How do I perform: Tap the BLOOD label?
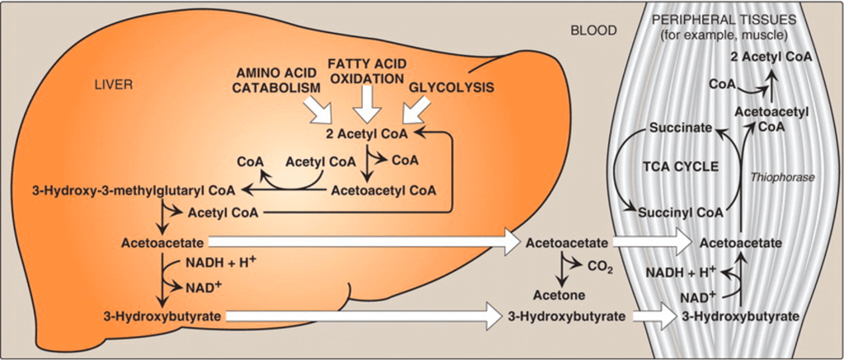pyautogui.click(x=593, y=30)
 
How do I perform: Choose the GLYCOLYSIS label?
pyautogui.click(x=452, y=86)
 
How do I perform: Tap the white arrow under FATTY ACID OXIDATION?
pyautogui.click(x=368, y=105)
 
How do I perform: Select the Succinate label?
pyautogui.click(x=680, y=129)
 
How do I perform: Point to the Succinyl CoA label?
pyautogui.click(x=680, y=213)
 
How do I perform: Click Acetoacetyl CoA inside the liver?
pyautogui.click(x=383, y=190)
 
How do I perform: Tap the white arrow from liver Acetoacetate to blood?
pyautogui.click(x=363, y=243)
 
